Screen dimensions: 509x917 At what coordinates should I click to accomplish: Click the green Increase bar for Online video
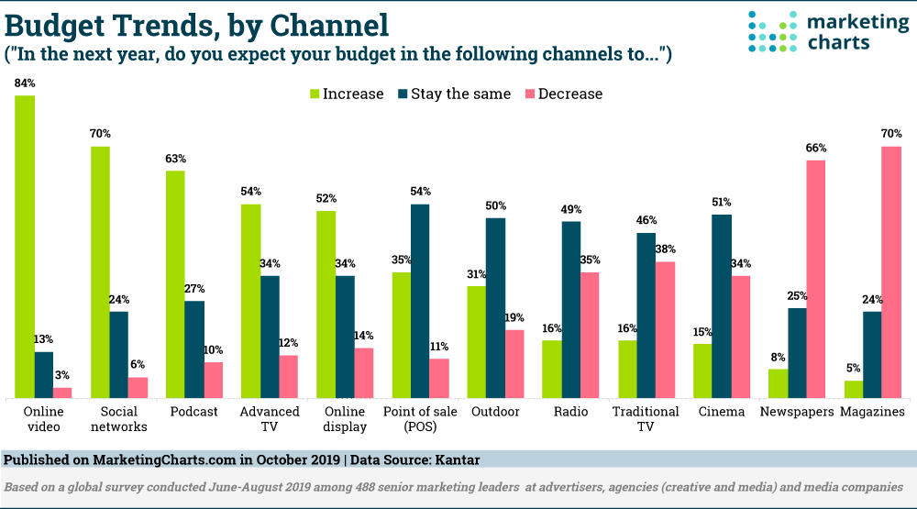tap(25, 247)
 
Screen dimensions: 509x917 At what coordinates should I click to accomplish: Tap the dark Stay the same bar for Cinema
tap(722, 306)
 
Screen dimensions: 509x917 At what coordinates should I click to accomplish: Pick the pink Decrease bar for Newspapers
tap(816, 279)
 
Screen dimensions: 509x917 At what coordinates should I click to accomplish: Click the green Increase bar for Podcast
tap(175, 284)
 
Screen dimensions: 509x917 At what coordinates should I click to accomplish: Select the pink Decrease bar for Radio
tap(591, 335)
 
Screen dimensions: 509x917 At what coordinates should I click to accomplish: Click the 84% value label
tap(25, 83)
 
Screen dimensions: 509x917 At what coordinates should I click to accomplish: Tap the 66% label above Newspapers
tap(816, 149)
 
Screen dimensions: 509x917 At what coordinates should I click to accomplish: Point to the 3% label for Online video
tap(62, 375)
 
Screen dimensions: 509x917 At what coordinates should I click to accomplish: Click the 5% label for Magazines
tap(854, 369)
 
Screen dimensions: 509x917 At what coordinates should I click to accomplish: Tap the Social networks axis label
tap(118, 418)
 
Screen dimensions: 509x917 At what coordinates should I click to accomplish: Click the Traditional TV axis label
tap(646, 418)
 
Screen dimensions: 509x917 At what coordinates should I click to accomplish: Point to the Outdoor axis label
tap(495, 412)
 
